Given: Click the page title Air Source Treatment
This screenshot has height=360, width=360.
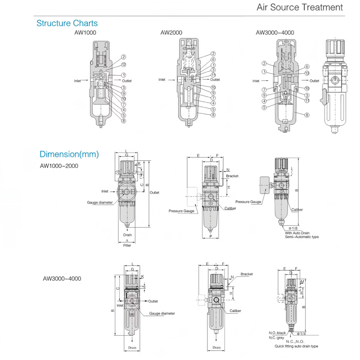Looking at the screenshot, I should coord(299,7).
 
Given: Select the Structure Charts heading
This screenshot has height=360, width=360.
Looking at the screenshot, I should coord(67,23).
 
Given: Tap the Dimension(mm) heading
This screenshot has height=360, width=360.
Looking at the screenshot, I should coord(69,154).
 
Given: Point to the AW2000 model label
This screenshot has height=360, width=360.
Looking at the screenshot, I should coord(171,33).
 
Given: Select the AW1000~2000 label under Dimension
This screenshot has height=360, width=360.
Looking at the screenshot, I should coord(59,165).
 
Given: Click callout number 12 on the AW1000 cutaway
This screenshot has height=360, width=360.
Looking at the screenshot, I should coord(123,65).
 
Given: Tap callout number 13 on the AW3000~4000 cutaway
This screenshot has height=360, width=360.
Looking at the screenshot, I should coord(307,73).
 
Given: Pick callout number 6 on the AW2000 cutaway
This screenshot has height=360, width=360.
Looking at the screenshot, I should coord(213,60).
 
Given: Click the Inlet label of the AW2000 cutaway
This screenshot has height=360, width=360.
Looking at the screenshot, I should coord(162,80).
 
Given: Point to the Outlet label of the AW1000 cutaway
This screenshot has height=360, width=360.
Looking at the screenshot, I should coord(126,81).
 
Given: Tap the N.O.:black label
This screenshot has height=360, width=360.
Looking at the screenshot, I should coord(278,333).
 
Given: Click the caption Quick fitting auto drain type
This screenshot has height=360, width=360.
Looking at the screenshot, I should coord(296,346).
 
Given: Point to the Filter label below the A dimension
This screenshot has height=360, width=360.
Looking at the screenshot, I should coord(127,245).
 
